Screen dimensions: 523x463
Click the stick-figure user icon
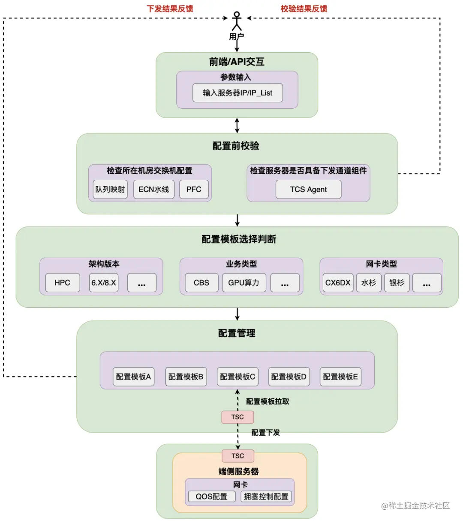237,21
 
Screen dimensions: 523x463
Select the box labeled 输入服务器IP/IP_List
238,93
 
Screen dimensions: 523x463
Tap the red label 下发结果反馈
170,9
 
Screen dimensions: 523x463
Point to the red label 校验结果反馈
304,9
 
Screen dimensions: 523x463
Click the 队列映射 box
110,189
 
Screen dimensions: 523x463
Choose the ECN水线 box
153,189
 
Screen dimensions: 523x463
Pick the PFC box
194,189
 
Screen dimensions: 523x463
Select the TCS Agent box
308,189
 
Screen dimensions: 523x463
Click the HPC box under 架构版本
62,282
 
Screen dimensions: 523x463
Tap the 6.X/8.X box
103,282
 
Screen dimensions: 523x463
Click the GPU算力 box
244,282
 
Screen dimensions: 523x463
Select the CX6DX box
338,282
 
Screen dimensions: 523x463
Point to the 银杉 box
397,282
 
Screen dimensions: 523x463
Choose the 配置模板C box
238,377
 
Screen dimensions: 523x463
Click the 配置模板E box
340,377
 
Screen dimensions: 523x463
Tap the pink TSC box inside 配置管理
238,417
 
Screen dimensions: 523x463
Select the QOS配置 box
211,496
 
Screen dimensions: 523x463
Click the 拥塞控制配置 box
266,496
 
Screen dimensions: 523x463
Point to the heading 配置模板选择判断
239,239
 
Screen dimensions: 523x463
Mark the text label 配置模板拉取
268,401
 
